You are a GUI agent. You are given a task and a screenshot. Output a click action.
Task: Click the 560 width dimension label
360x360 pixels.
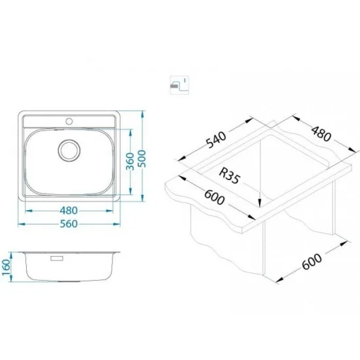point(69,224)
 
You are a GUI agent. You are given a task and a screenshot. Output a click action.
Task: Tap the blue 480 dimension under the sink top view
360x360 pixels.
point(69,211)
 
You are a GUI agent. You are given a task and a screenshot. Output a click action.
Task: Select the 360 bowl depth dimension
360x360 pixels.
point(130,161)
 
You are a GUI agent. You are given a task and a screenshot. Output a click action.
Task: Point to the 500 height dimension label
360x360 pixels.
point(143,158)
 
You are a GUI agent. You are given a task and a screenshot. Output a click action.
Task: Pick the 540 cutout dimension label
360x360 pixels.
point(216,139)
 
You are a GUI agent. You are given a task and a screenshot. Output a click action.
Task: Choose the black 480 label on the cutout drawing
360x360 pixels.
point(321,134)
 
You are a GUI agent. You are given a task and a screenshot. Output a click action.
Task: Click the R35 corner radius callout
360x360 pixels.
point(229,175)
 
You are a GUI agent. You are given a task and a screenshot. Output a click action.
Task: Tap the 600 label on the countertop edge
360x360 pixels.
point(214,197)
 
